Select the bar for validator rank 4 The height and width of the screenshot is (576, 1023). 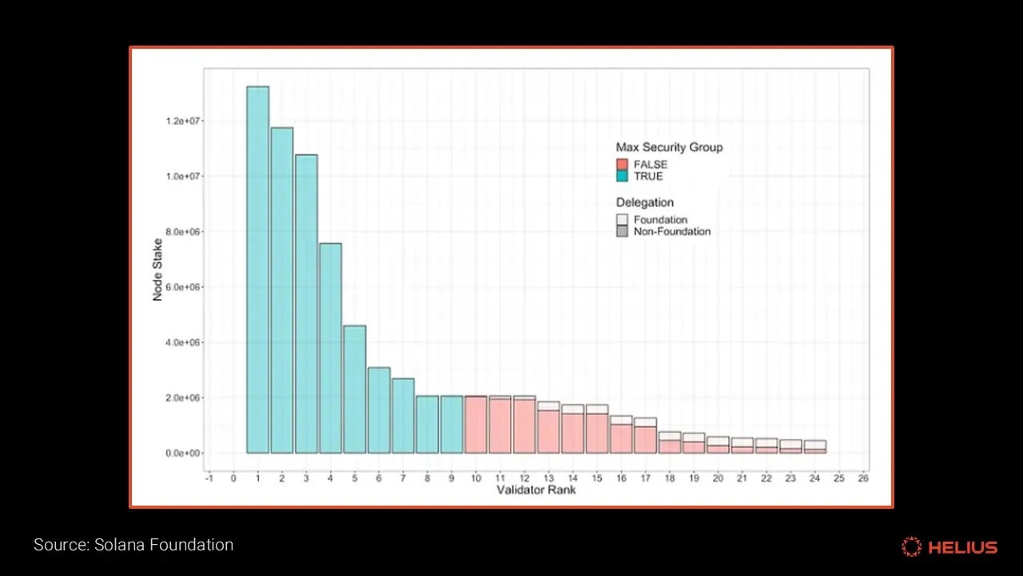click(330, 348)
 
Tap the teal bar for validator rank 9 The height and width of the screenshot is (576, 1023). click(452, 424)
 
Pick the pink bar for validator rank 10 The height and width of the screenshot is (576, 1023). click(476, 424)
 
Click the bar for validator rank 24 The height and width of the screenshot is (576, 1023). click(815, 446)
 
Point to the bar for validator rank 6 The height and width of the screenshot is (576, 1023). click(379, 410)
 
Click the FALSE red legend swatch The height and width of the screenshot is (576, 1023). click(623, 165)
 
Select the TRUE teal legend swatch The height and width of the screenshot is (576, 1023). click(623, 176)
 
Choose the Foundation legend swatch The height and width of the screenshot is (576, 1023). click(623, 219)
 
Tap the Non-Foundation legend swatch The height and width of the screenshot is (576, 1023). click(623, 231)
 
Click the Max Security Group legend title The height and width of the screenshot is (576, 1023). click(669, 148)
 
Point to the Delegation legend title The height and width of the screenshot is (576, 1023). click(644, 202)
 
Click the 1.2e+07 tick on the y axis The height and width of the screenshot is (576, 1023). click(181, 121)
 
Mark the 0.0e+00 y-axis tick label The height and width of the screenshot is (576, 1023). click(181, 453)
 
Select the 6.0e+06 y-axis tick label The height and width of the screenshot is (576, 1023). click(181, 286)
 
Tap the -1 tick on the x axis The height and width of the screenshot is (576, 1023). click(209, 478)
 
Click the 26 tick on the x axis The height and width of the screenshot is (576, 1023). click(863, 478)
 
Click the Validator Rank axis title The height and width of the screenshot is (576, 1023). click(535, 490)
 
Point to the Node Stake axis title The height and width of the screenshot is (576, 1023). click(157, 269)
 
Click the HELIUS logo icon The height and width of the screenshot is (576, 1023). click(911, 547)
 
